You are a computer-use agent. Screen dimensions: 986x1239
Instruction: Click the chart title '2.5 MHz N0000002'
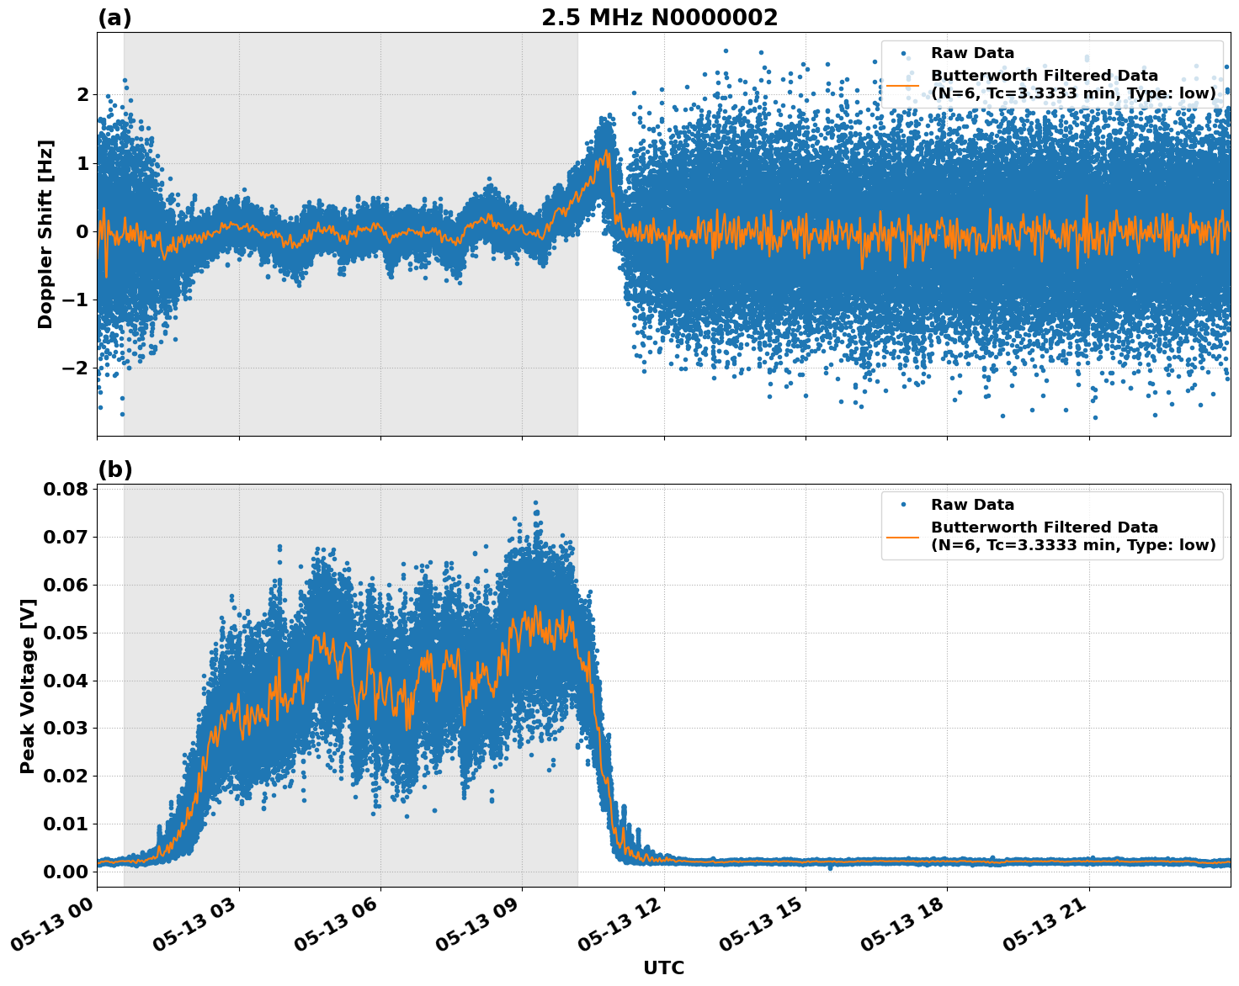(659, 18)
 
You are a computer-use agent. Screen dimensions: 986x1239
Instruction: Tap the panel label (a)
(114, 18)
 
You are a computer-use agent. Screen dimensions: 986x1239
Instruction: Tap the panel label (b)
(114, 469)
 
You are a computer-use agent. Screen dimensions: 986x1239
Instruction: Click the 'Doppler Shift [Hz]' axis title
(45, 234)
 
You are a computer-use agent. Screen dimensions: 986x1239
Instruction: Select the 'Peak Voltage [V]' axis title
(28, 686)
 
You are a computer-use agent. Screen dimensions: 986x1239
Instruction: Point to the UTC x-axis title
(663, 967)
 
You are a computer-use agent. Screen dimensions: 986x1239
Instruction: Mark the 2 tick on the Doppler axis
(82, 94)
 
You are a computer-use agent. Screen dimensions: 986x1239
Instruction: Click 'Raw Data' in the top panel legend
(972, 54)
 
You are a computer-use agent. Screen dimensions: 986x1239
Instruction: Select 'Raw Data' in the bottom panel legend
(972, 505)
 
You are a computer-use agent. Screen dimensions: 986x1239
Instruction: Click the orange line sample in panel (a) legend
(903, 85)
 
